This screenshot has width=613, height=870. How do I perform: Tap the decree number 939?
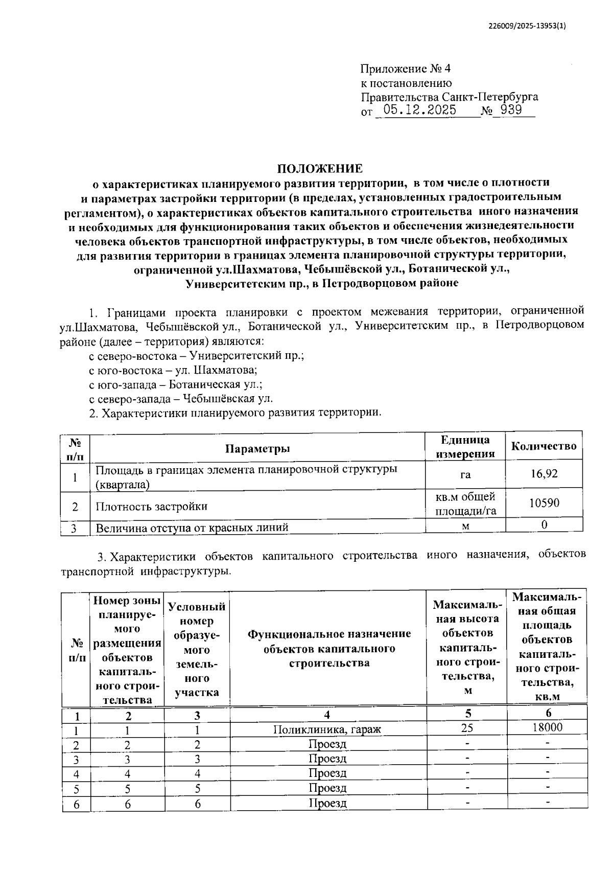[511, 109]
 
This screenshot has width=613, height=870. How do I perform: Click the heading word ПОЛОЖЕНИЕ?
[320, 168]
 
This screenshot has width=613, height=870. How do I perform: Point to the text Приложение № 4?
[406, 69]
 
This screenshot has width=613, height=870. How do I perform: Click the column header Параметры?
[257, 449]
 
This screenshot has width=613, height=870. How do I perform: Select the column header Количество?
[544, 446]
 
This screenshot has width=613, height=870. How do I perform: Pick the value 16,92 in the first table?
[544, 474]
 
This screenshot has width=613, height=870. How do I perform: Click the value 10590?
[544, 503]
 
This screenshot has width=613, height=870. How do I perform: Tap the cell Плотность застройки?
[152, 507]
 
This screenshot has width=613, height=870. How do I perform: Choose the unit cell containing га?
[465, 475]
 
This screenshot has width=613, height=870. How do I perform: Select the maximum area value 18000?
[547, 727]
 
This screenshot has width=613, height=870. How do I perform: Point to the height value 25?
[466, 727]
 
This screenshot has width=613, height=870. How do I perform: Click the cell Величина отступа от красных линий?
[192, 527]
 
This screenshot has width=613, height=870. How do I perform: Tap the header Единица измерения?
[465, 446]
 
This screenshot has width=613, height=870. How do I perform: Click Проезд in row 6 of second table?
[327, 803]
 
